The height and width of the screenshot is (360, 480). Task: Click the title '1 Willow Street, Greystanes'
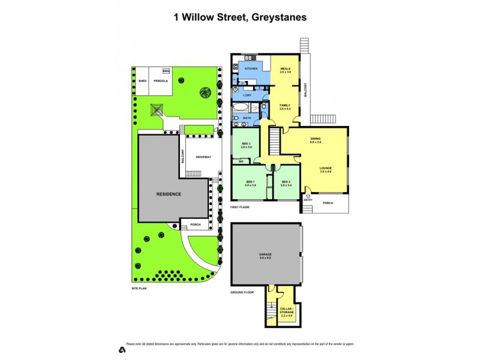pyautogui.click(x=240, y=17)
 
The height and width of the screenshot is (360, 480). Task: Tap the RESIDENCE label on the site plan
pyautogui.click(x=169, y=194)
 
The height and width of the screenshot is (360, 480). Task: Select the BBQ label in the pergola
pyautogui.click(x=166, y=71)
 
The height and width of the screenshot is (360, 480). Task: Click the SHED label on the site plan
pyautogui.click(x=142, y=80)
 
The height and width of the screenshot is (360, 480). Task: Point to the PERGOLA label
pyautogui.click(x=160, y=80)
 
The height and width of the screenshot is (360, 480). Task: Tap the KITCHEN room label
pyautogui.click(x=251, y=68)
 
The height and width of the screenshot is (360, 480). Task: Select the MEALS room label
pyautogui.click(x=285, y=70)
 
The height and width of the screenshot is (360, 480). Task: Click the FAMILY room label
pyautogui.click(x=284, y=106)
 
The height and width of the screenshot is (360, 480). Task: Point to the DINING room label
pyautogui.click(x=316, y=139)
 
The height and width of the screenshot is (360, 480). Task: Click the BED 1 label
pyautogui.click(x=250, y=182)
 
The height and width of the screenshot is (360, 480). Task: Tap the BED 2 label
pyautogui.click(x=286, y=182)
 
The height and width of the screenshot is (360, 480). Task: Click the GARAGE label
pyautogui.click(x=265, y=255)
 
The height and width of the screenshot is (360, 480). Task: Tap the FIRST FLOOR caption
pyautogui.click(x=241, y=206)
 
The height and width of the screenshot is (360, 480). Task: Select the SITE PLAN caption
pyautogui.click(x=139, y=288)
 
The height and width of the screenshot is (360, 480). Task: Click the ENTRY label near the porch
pyautogui.click(x=308, y=199)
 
